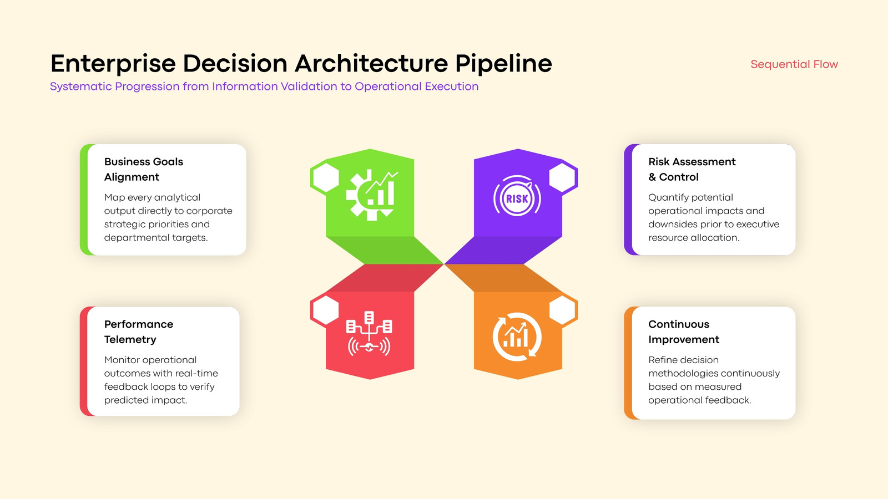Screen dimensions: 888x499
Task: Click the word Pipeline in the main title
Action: (503, 64)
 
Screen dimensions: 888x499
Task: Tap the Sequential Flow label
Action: (794, 64)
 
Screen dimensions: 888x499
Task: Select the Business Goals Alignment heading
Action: (144, 169)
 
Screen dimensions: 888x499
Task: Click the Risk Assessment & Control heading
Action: (692, 169)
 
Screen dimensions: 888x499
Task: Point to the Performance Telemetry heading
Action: (139, 332)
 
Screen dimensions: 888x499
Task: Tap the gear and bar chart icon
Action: (372, 195)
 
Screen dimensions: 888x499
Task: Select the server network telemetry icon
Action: (369, 333)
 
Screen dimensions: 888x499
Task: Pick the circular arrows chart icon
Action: (517, 337)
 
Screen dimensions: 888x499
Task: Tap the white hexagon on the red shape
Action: (326, 310)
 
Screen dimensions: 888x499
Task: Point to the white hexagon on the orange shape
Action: (563, 310)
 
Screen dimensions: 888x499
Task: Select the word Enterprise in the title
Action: (113, 64)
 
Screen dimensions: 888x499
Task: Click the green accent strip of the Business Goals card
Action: (84, 200)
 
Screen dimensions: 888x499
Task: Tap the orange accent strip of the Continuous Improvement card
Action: (628, 363)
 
